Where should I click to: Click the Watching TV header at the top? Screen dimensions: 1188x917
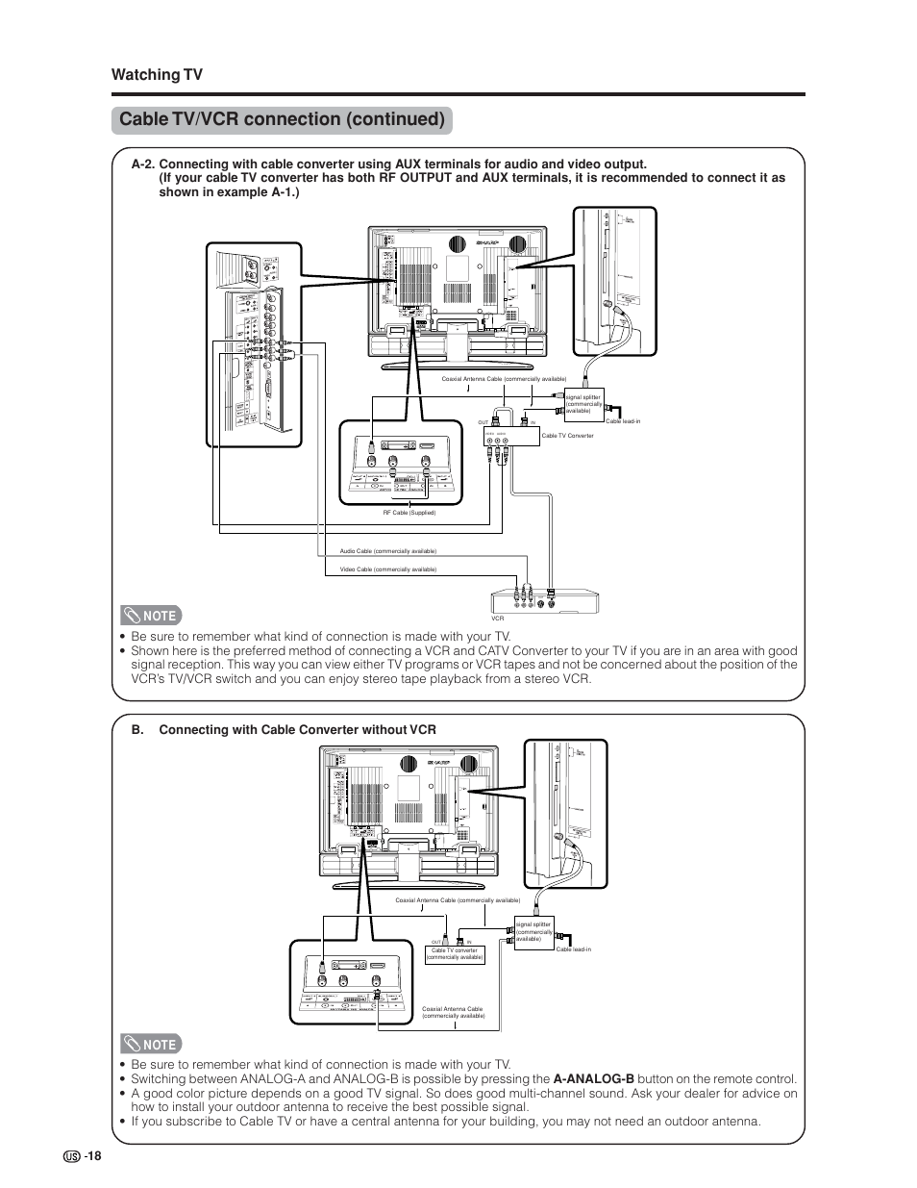pyautogui.click(x=157, y=75)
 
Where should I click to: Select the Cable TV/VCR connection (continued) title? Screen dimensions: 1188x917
pyautogui.click(x=281, y=120)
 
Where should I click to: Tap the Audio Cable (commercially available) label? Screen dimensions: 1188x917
pyautogui.click(x=387, y=551)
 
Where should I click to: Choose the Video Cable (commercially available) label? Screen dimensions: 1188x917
pyautogui.click(x=387, y=569)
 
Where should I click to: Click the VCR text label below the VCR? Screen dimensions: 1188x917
pyautogui.click(x=498, y=619)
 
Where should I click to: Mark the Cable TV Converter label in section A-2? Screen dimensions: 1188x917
pyautogui.click(x=567, y=436)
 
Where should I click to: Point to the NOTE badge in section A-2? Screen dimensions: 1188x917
pyautogui.click(x=151, y=616)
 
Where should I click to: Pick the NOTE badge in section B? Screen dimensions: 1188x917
pyautogui.click(x=151, y=1044)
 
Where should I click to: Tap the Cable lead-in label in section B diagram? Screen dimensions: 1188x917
pyautogui.click(x=573, y=949)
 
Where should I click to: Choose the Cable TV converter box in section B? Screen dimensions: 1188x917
pyautogui.click(x=455, y=954)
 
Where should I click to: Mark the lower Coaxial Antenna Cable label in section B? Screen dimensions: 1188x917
pyautogui.click(x=453, y=1013)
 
